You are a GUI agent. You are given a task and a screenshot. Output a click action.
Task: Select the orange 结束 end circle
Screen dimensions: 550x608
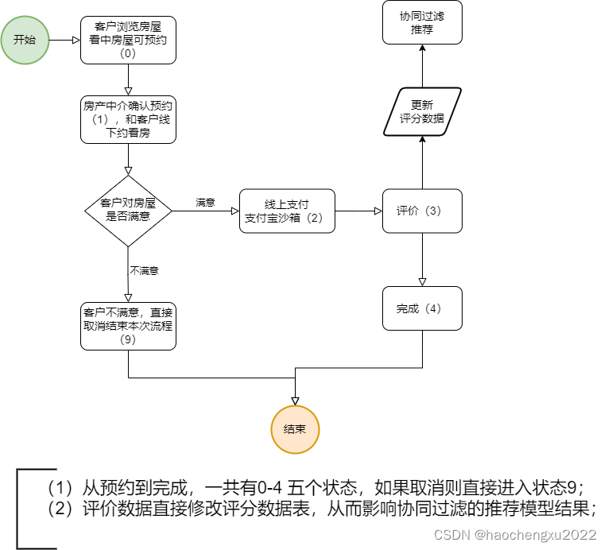click(295, 429)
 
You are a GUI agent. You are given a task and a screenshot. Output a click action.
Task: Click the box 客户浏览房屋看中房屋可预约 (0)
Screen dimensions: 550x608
click(128, 40)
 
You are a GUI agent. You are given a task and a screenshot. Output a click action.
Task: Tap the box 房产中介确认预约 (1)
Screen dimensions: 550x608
click(128, 119)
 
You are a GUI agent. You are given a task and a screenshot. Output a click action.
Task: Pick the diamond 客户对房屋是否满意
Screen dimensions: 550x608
click(128, 211)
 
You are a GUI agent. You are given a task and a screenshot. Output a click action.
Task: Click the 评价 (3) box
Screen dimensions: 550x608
click(422, 211)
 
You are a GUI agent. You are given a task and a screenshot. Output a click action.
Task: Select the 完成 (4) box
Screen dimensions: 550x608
click(422, 308)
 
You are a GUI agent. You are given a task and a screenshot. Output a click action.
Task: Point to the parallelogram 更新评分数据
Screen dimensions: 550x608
click(422, 112)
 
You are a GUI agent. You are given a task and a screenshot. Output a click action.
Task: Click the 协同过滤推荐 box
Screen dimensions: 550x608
click(422, 23)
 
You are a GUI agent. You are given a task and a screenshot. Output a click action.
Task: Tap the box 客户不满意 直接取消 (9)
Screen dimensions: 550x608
click(128, 325)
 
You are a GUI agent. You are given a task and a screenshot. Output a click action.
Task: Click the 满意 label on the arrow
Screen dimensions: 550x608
click(205, 203)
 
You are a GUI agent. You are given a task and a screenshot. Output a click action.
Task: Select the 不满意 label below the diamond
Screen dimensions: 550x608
click(144, 271)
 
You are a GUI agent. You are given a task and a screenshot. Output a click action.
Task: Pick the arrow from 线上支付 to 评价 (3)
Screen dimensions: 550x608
click(358, 211)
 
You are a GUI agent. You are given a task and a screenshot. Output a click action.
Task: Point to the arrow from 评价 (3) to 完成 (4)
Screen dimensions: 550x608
click(422, 259)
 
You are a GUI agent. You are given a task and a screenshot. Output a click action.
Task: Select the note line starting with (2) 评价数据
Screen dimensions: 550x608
click(321, 509)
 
